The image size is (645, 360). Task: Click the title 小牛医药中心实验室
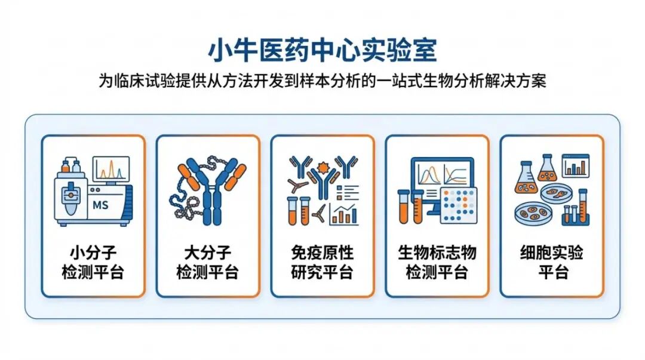(322, 51)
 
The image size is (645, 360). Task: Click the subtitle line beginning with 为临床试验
(322, 81)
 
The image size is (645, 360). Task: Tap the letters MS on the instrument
(100, 206)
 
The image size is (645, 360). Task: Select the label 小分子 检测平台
(93, 263)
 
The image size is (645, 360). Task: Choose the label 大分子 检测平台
(207, 263)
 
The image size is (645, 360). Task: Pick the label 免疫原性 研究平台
(322, 263)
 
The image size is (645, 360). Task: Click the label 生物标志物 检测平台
(437, 263)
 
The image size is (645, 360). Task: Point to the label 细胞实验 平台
(551, 263)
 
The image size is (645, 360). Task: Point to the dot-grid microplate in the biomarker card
(459, 204)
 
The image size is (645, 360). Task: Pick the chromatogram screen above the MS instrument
(110, 169)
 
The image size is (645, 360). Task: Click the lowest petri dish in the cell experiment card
(533, 213)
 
